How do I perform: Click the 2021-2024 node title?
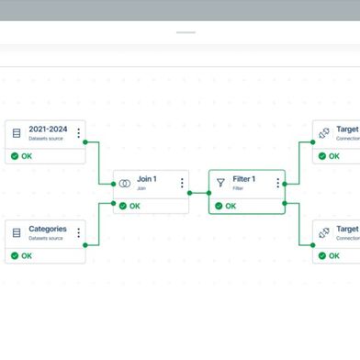49,129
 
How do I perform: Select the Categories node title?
48,229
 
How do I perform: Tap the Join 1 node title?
148,179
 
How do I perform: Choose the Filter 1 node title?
244,179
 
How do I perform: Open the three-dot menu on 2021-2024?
79,133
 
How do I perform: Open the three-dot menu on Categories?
79,232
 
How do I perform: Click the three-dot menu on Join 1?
182,183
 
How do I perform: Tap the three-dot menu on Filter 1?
277,183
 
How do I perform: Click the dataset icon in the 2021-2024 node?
16,133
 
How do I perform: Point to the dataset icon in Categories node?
16,232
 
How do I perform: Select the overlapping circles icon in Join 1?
124,183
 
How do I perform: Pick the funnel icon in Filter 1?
220,183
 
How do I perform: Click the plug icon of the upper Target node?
324,133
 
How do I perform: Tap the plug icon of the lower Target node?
324,232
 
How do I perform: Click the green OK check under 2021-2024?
15,156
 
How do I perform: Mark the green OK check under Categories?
15,255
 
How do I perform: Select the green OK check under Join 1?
123,206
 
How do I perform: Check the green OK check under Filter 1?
219,206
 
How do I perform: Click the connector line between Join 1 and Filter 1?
199,193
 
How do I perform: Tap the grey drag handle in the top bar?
186,33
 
